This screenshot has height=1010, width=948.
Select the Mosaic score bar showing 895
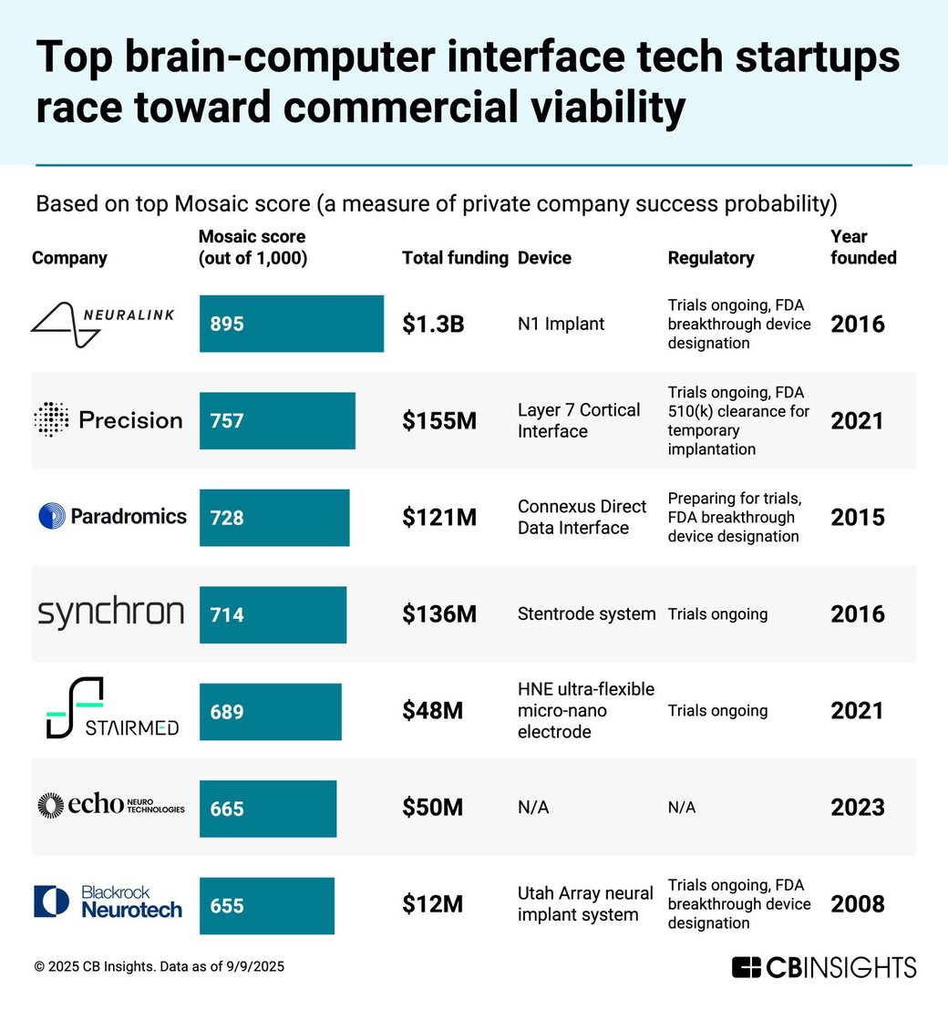[x=291, y=324]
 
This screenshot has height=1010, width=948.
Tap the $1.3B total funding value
[x=433, y=324]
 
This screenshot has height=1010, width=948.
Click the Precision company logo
[x=108, y=420]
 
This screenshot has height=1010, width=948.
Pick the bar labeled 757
[x=277, y=420]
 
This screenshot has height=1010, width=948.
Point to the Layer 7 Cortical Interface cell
[x=579, y=420]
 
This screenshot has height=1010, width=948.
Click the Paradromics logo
[x=112, y=517]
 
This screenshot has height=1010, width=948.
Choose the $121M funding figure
[x=439, y=518]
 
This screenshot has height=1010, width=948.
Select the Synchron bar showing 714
[x=273, y=614]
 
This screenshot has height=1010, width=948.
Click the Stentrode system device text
[x=586, y=614]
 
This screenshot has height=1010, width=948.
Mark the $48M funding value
[x=432, y=711]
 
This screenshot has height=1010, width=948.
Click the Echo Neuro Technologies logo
[x=110, y=806]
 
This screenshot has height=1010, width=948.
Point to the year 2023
[x=857, y=808]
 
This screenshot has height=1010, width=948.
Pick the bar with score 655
[x=266, y=905]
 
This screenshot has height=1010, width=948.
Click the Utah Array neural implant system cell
[x=585, y=903]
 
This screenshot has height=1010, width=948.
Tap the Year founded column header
[x=862, y=247]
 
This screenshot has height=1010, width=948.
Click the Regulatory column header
[x=711, y=258]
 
